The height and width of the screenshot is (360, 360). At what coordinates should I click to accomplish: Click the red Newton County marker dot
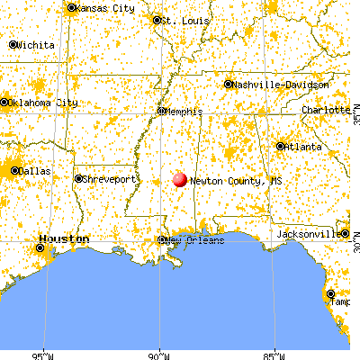pyautogui.click(x=179, y=179)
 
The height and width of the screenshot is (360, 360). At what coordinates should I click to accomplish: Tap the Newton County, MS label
pyautogui.click(x=228, y=181)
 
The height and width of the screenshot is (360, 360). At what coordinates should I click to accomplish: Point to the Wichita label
pyautogui.click(x=34, y=44)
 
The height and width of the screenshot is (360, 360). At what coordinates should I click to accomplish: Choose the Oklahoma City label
pyautogui.click(x=41, y=102)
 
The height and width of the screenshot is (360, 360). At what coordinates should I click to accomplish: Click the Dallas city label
pyautogui.click(x=34, y=169)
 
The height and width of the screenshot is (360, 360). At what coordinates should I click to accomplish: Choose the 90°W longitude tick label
pyautogui.click(x=160, y=354)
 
